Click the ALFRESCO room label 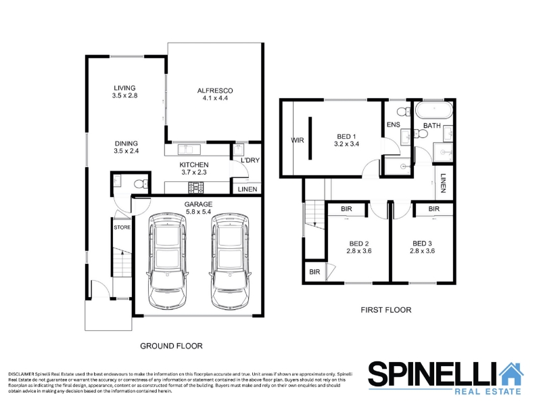click(x=215, y=91)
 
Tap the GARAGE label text click(x=198, y=204)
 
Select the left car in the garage click(x=167, y=261)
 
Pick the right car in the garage click(x=229, y=261)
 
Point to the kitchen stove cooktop click(x=196, y=188)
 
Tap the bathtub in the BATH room click(x=433, y=110)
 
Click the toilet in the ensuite click(x=403, y=112)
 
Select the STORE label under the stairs click(x=122, y=227)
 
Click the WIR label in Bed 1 click(x=298, y=140)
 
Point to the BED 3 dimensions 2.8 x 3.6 click(x=422, y=251)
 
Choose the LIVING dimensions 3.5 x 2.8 click(x=124, y=95)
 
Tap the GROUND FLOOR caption click(x=171, y=346)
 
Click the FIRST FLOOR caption click(x=386, y=310)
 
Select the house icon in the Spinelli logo click(x=512, y=374)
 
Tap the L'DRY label click(x=250, y=160)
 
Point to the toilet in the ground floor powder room click(x=141, y=184)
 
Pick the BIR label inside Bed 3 click(x=434, y=209)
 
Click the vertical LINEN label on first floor click(x=444, y=183)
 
